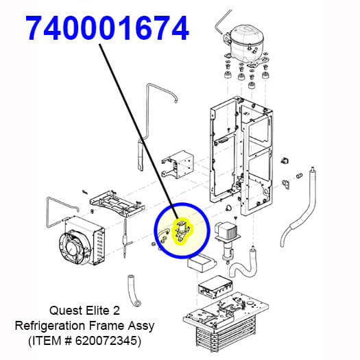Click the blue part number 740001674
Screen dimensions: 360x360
click(x=108, y=28)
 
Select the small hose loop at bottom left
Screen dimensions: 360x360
click(x=134, y=291)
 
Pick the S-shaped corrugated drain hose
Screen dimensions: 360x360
click(x=243, y=266)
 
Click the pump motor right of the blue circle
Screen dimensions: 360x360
click(x=227, y=240)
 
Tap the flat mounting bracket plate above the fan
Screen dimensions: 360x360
click(x=117, y=204)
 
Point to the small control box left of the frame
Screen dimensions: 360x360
click(x=178, y=164)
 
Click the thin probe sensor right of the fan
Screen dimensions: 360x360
click(x=125, y=239)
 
